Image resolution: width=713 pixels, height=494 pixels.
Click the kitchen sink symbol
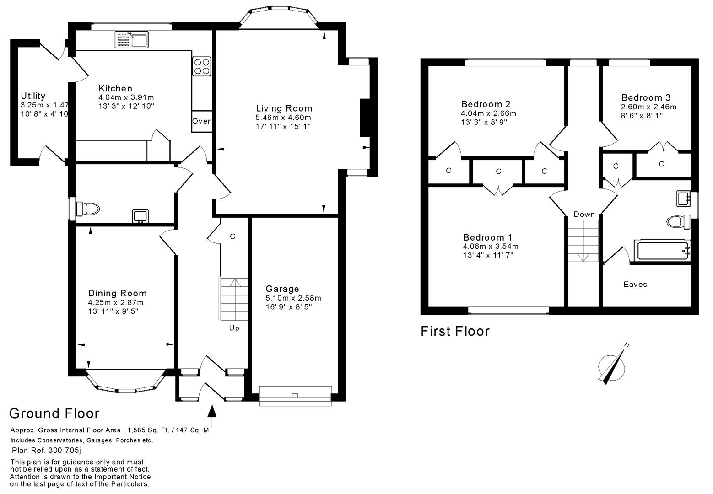(x=132, y=39)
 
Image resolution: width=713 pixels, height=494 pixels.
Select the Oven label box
(x=202, y=121)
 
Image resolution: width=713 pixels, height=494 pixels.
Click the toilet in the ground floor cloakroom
(x=88, y=209)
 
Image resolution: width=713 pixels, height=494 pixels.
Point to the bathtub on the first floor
(x=662, y=250)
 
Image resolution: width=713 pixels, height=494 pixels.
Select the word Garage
(x=282, y=289)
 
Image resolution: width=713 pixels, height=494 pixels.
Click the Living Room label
(x=284, y=108)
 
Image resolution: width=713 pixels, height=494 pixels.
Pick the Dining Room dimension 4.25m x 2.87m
(x=116, y=302)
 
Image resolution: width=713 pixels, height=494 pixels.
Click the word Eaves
(x=635, y=284)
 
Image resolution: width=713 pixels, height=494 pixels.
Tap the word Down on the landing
(x=584, y=214)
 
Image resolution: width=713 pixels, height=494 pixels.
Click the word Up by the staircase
(x=234, y=328)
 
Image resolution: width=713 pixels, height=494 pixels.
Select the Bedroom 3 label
(x=646, y=97)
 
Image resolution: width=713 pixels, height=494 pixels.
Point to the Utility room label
(x=33, y=96)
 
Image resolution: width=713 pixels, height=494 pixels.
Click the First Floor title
(x=455, y=331)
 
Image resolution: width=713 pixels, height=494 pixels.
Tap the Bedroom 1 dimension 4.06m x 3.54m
(x=491, y=247)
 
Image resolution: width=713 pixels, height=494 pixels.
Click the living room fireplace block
(x=365, y=118)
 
